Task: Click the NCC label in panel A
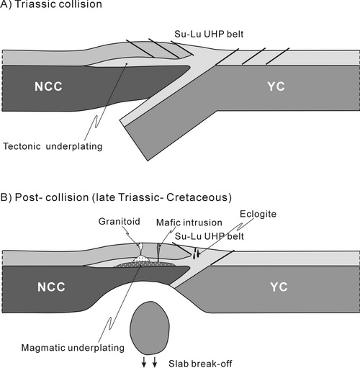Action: [48, 86]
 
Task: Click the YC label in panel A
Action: [276, 86]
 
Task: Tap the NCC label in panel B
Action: [51, 287]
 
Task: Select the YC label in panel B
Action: [279, 287]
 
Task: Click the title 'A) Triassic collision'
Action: [51, 4]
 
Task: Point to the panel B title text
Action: [116, 197]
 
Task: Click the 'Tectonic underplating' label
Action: [53, 146]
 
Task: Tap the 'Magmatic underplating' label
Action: [73, 348]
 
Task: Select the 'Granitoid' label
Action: [119, 221]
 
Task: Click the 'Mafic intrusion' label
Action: [189, 223]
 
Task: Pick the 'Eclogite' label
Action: [258, 214]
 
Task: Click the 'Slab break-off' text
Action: [200, 364]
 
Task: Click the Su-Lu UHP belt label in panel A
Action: [209, 34]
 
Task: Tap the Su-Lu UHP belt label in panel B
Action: [209, 236]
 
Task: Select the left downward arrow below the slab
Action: [144, 362]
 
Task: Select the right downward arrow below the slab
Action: [155, 362]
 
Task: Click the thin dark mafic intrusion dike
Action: [159, 253]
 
